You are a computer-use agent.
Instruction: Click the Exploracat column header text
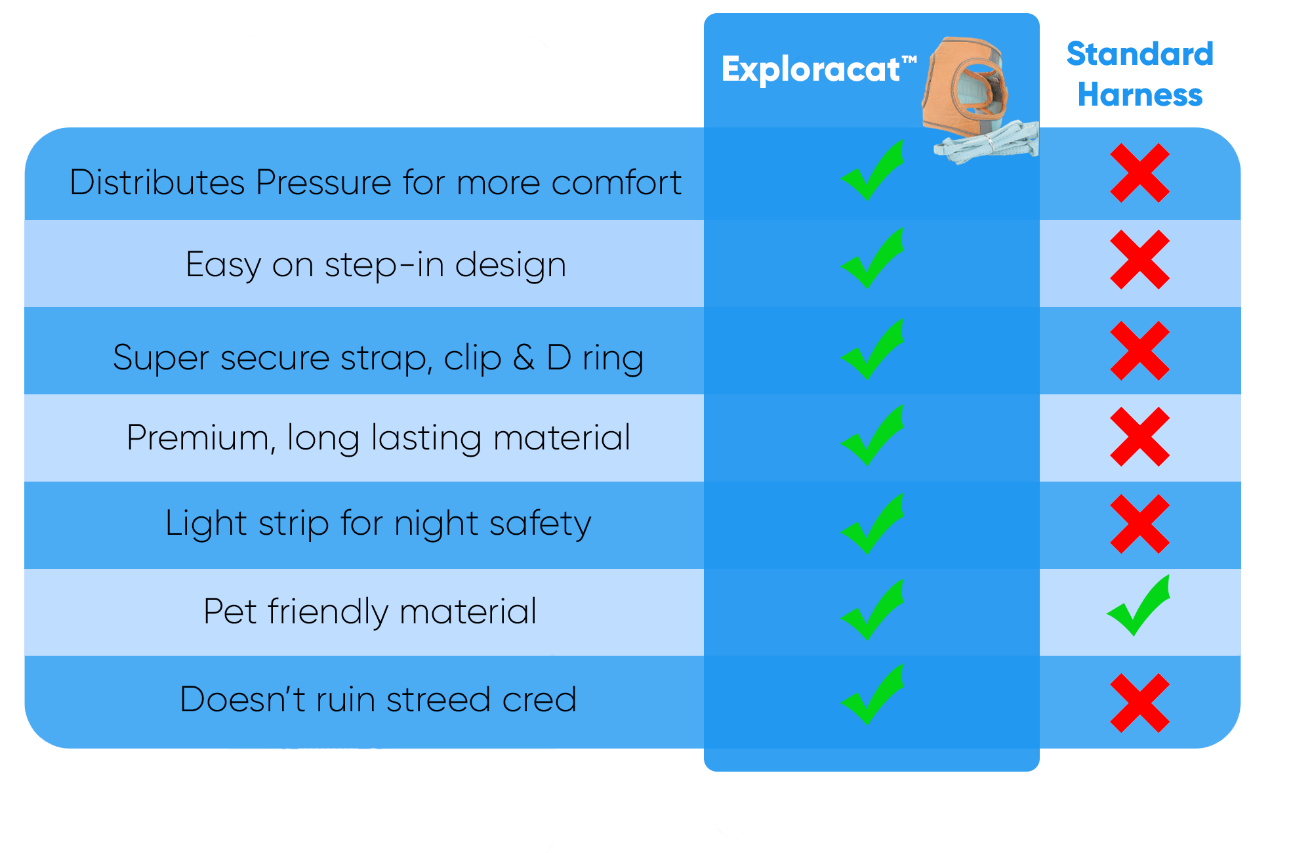click(819, 69)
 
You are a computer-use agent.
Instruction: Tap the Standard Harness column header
click(1140, 73)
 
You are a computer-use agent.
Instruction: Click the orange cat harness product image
click(964, 85)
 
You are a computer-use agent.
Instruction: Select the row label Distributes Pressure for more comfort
click(375, 182)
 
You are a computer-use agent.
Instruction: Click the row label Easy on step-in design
click(376, 265)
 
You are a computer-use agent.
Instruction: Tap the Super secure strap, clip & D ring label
click(378, 358)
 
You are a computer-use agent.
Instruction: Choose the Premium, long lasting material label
click(379, 438)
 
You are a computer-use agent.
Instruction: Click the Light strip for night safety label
click(378, 524)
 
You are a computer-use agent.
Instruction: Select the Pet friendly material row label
click(370, 612)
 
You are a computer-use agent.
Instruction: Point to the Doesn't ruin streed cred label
click(378, 699)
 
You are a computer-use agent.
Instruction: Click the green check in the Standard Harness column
click(1138, 606)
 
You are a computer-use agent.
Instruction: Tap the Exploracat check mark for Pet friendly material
click(872, 610)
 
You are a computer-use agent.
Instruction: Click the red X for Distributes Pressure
click(1140, 173)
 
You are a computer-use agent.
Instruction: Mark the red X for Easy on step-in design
click(1140, 260)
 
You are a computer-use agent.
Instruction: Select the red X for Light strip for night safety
click(1140, 524)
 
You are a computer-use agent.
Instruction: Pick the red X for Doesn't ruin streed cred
click(1140, 703)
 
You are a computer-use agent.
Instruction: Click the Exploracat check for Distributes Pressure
click(872, 171)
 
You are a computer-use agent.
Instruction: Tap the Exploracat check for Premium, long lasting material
click(872, 436)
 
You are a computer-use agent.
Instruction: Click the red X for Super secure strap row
click(1140, 351)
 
